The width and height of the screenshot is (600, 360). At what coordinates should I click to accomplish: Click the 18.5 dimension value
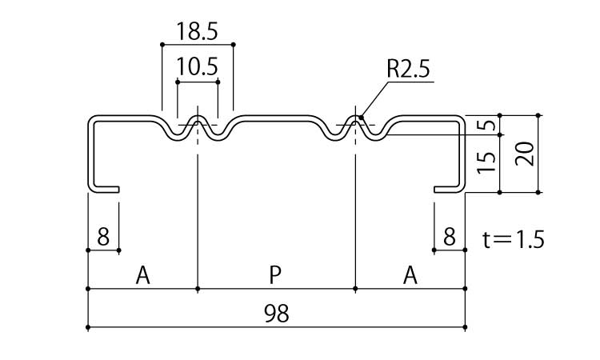197,32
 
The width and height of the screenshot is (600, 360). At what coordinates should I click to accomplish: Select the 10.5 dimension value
197,66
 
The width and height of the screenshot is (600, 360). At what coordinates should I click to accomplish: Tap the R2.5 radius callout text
408,70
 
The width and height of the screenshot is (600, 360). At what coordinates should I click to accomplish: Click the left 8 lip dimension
102,236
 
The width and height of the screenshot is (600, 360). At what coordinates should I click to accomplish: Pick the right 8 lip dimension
449,236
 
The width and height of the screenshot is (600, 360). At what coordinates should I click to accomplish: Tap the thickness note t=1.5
514,238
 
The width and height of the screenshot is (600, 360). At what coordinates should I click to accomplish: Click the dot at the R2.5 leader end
362,119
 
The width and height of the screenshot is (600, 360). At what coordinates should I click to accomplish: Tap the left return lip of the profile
105,190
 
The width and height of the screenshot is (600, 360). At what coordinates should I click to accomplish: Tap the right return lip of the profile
447,190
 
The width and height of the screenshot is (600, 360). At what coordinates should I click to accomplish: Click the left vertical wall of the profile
89,156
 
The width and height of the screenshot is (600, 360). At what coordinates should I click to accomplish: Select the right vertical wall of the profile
462,156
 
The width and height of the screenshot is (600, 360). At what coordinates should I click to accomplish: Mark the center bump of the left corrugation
197,122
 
